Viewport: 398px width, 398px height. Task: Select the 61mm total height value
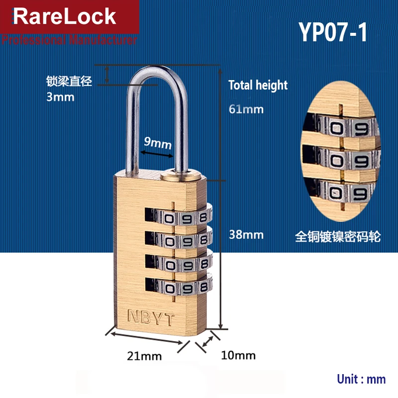(246, 109)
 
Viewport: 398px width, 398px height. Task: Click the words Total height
(258, 85)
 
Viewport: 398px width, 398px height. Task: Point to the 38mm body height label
(246, 234)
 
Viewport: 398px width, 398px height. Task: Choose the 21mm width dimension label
(144, 356)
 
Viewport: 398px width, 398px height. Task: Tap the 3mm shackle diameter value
(60, 97)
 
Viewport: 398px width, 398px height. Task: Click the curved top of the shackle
(160, 73)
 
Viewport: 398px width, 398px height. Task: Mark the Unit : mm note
(361, 379)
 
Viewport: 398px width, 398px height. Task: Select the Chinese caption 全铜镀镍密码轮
(338, 236)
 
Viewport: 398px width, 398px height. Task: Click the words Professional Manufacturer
(69, 40)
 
